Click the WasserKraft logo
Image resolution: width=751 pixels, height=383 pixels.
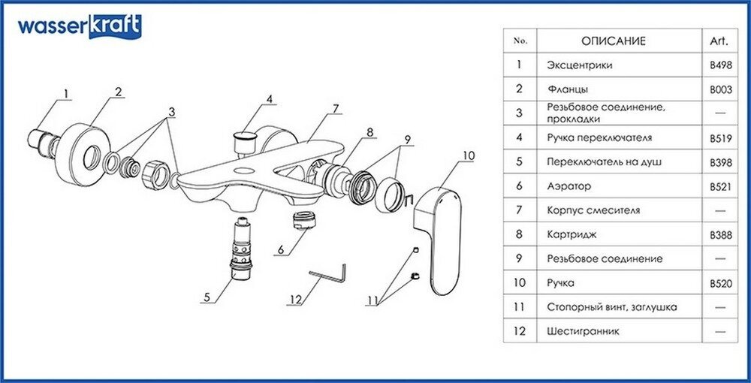[x=78, y=27]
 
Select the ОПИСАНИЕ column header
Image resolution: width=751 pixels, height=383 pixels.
[x=613, y=41]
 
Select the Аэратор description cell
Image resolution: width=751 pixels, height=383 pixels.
[x=570, y=185]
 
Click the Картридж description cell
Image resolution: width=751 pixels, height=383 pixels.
[x=573, y=234]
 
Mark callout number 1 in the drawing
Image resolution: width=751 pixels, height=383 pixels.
[x=65, y=94]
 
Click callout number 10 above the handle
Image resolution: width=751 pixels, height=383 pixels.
[x=469, y=156]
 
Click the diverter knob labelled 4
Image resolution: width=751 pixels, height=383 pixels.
[x=246, y=140]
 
